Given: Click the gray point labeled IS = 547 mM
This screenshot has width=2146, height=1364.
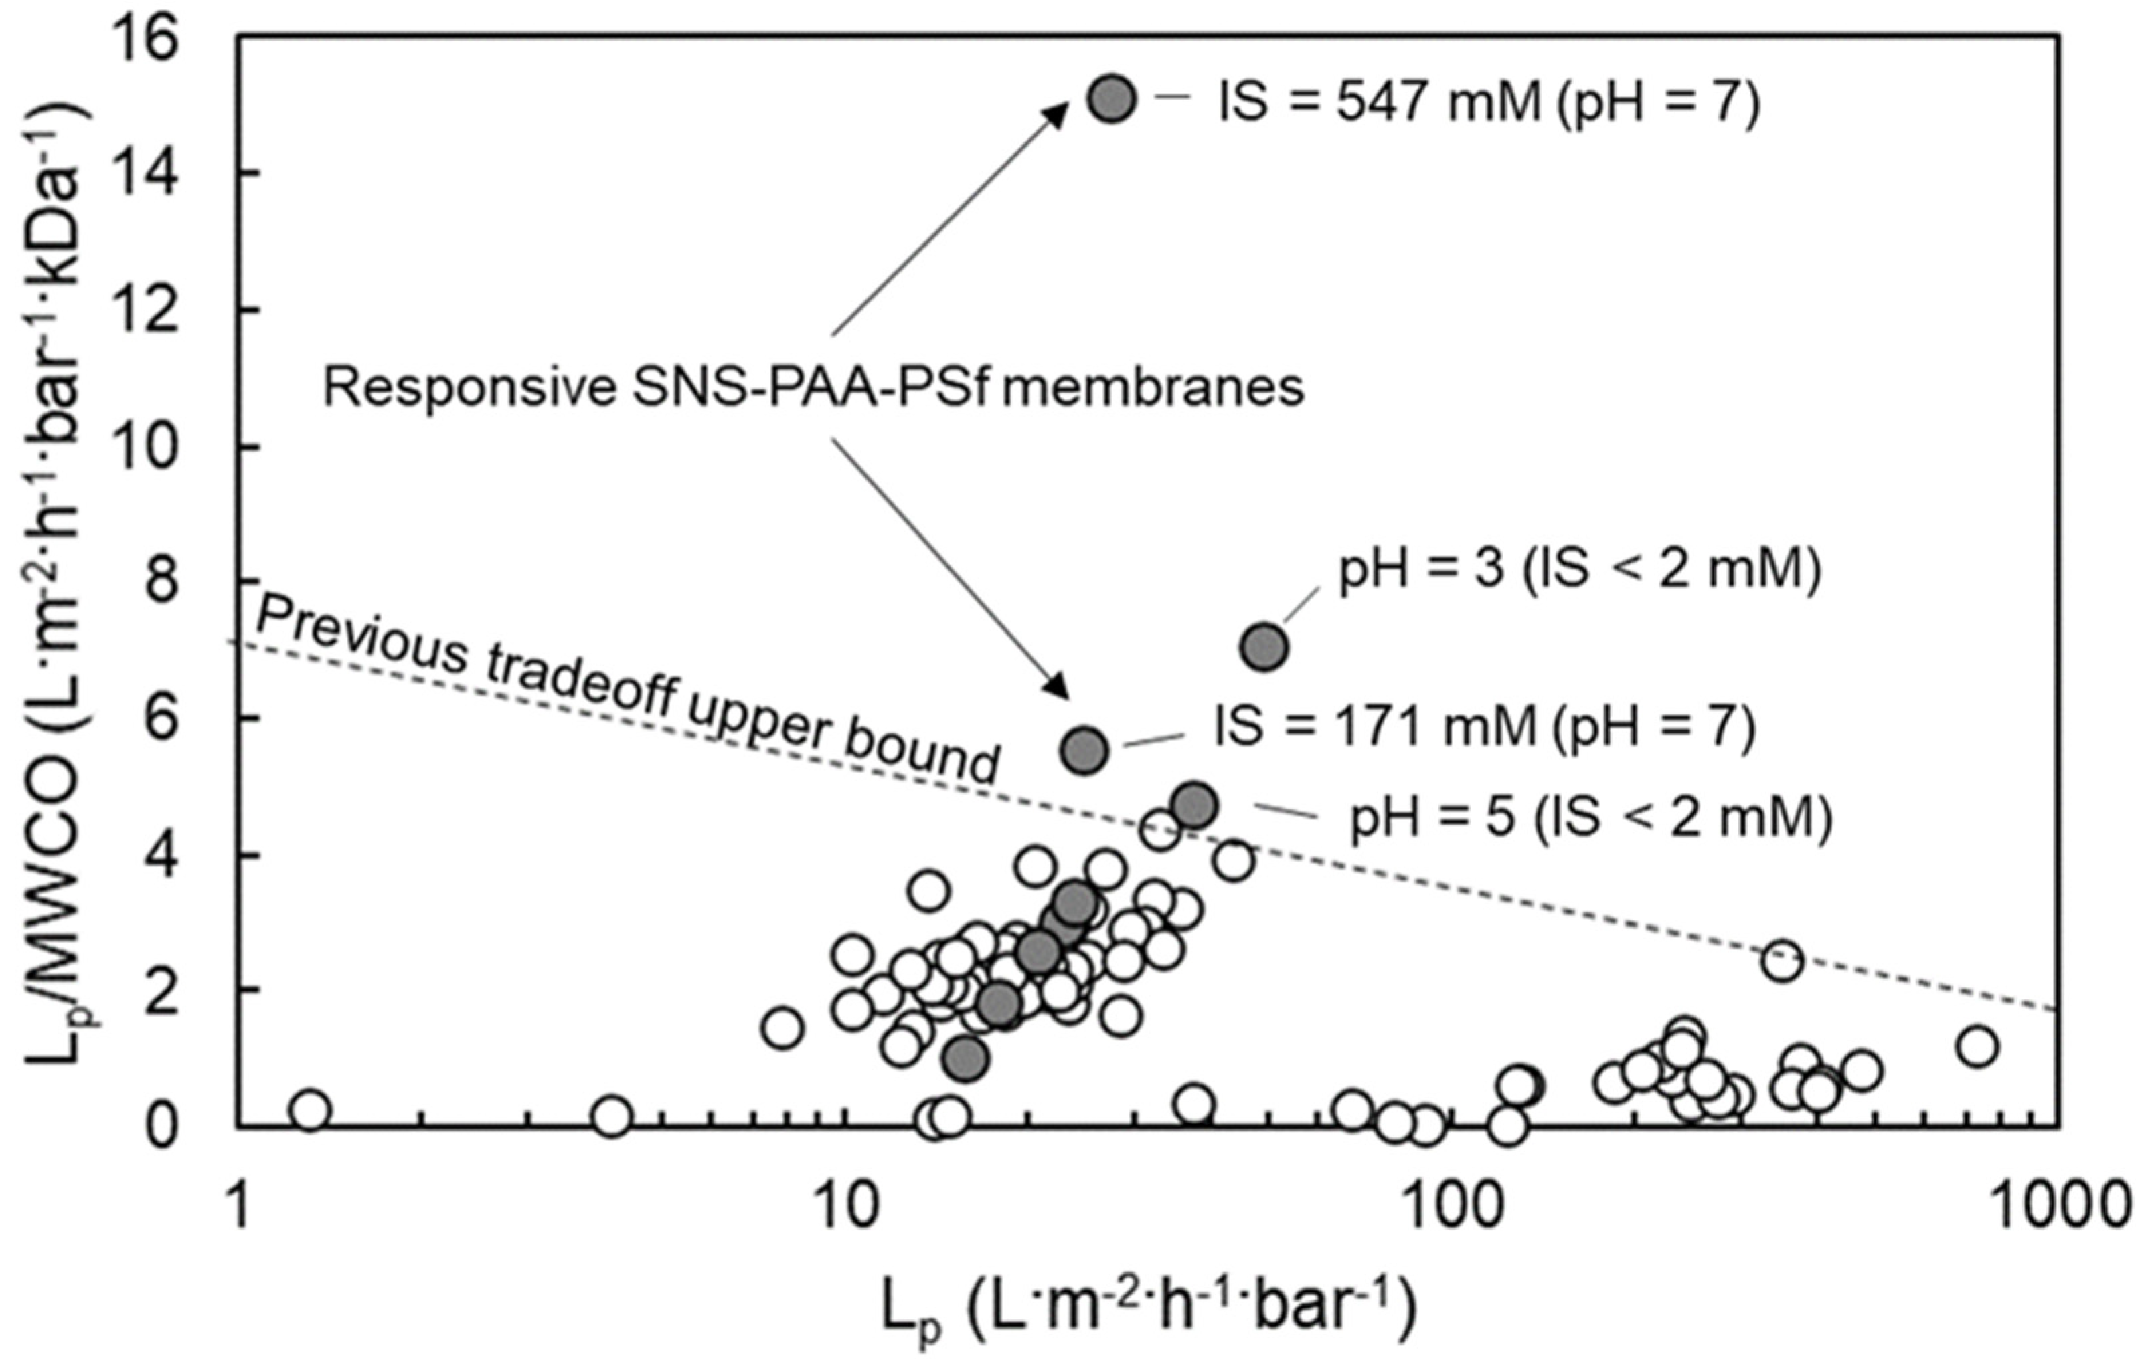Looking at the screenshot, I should click(1111, 100).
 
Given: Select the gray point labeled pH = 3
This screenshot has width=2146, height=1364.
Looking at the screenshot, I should click(1264, 648).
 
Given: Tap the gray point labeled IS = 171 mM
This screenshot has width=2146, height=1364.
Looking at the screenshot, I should click(1084, 750).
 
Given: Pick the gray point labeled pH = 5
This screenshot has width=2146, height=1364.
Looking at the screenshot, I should click(1194, 806).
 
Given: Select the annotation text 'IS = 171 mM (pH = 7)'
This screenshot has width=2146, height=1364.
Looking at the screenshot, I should click(1485, 727).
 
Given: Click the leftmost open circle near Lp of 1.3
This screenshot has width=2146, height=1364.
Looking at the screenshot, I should click(310, 1110).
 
